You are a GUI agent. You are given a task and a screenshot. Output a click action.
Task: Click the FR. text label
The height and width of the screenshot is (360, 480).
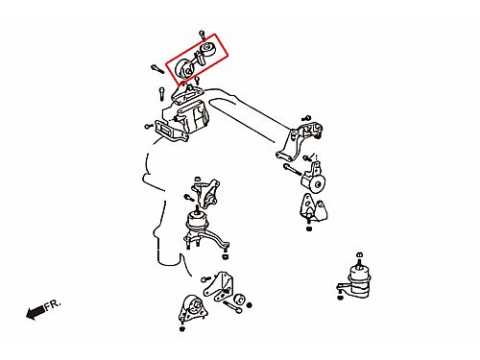coord(52,304)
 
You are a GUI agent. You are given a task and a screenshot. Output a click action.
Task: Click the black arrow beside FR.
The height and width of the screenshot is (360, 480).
coord(36,312)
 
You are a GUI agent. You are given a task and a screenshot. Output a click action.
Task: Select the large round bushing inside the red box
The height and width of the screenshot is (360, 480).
coord(184,69)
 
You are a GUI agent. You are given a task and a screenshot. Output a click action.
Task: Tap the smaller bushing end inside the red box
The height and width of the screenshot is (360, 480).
coord(207,49)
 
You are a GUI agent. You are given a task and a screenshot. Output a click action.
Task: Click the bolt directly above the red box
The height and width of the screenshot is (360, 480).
coord(203,35)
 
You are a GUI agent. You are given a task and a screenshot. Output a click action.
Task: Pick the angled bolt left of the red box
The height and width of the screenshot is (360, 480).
coord(157,69)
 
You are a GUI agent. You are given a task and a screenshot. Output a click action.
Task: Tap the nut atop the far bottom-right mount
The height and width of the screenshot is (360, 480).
coord(359,255)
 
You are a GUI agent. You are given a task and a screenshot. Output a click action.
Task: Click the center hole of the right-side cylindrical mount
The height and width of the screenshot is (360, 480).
coord(319,185)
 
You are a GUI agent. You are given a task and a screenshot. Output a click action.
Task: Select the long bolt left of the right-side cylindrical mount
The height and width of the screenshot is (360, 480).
coord(292,170)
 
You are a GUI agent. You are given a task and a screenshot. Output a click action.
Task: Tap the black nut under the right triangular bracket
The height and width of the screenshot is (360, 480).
coord(309,228)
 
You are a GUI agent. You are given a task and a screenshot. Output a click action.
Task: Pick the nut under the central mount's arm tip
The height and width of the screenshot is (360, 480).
coord(225,256)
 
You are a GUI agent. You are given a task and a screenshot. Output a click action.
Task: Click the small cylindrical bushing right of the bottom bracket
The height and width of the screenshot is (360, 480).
coord(239,300)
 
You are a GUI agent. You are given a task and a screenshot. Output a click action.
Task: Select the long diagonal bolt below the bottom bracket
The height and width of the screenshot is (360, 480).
coord(231,307)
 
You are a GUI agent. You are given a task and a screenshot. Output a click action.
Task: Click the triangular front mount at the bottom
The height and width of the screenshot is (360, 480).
coord(192,309)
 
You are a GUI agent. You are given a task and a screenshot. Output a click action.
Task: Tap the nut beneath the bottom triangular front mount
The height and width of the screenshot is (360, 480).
coord(182,329)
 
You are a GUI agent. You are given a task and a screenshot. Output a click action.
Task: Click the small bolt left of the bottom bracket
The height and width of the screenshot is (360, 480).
coord(205,279)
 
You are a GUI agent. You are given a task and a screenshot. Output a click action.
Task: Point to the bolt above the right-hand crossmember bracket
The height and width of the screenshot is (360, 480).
coord(306,118)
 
